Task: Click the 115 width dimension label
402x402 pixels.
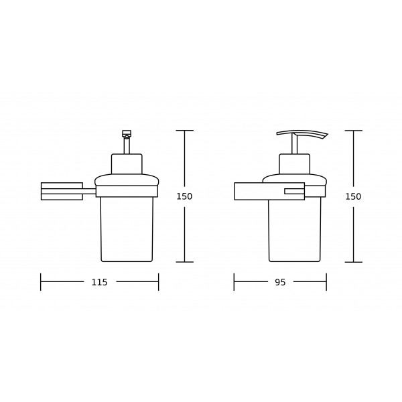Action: pyautogui.click(x=99, y=282)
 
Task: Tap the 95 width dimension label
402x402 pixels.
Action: pyautogui.click(x=280, y=282)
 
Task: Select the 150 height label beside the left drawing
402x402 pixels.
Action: pyautogui.click(x=184, y=196)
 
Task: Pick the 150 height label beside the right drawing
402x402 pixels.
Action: pyautogui.click(x=353, y=196)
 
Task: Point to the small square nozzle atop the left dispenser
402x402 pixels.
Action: pyautogui.click(x=127, y=133)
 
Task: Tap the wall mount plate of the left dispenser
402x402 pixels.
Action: pyautogui.click(x=62, y=191)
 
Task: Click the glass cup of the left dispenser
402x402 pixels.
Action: pyautogui.click(x=127, y=229)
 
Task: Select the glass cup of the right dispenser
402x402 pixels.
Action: pyautogui.click(x=295, y=230)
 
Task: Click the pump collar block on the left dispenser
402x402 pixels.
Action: pyautogui.click(x=127, y=164)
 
